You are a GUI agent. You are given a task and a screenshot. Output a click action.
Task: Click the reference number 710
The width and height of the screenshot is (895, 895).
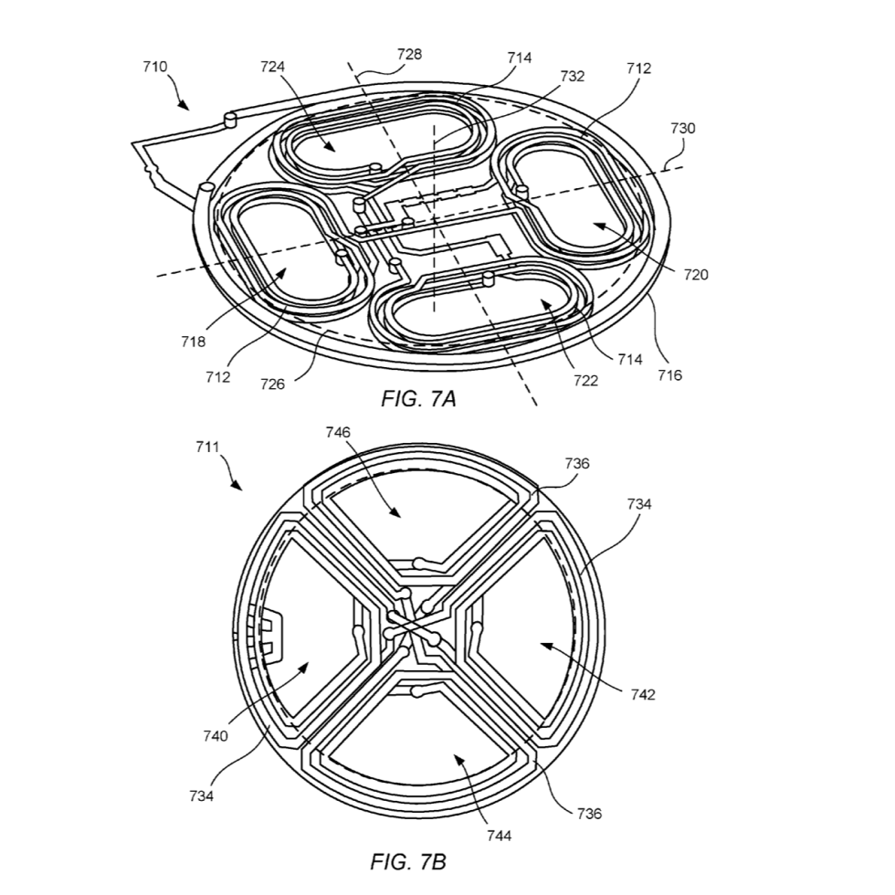click(x=154, y=67)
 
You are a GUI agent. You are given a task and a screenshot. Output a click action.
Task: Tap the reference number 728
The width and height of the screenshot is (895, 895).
click(x=409, y=54)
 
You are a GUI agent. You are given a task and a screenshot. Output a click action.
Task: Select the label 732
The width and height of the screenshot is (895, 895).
click(x=572, y=76)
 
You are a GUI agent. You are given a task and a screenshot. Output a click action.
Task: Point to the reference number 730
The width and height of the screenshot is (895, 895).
click(x=683, y=128)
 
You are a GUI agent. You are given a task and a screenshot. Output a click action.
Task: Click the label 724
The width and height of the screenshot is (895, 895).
click(x=272, y=67)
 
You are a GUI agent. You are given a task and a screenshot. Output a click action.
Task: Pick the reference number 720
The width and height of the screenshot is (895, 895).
click(x=696, y=275)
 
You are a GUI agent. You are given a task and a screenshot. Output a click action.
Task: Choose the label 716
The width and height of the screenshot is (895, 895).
click(x=669, y=375)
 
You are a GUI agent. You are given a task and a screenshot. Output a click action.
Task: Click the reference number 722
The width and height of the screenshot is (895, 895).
click(x=585, y=380)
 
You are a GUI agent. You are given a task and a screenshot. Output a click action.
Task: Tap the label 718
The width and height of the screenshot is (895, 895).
click(x=193, y=342)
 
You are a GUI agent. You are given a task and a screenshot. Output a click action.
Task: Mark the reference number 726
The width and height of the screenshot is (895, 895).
click(x=272, y=384)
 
